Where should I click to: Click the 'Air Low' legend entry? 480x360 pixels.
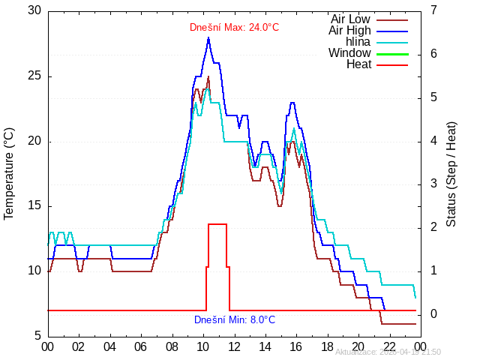tap(350, 19)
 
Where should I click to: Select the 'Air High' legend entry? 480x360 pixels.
tap(349, 30)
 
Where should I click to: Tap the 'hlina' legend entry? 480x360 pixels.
tap(358, 41)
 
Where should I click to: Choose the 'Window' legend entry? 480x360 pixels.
tap(349, 53)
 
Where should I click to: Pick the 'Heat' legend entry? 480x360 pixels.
tap(358, 64)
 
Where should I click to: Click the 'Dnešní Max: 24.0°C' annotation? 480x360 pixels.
tap(234, 28)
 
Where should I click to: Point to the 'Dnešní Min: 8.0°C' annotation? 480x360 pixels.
tap(234, 319)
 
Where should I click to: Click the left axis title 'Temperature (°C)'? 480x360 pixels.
tap(10, 173)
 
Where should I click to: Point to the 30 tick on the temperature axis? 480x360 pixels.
tap(34, 11)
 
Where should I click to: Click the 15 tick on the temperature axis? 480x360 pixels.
tap(34, 206)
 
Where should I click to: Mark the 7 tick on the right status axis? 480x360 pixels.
tap(434, 11)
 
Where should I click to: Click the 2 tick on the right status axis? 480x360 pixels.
tap(434, 227)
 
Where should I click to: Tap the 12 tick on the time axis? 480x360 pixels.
tap(234, 346)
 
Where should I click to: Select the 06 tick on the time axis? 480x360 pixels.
tap(141, 346)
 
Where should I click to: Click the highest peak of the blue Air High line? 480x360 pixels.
tap(208, 37)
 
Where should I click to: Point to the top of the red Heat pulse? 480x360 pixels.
tap(217, 224)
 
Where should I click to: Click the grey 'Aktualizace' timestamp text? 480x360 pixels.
tap(388, 352)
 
